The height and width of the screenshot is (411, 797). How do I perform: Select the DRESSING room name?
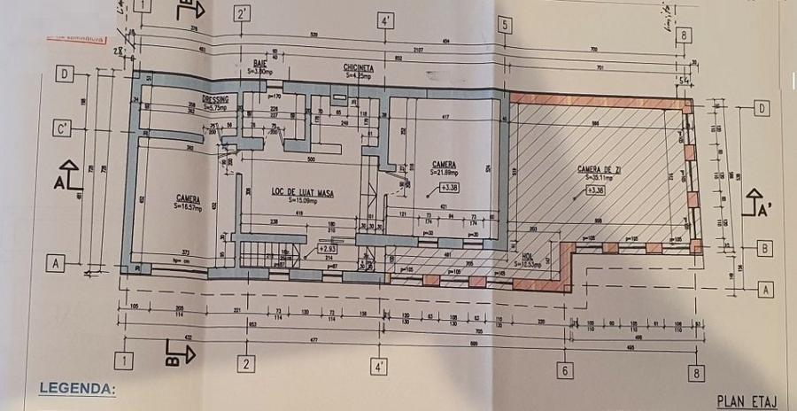pyautogui.click(x=216, y=99)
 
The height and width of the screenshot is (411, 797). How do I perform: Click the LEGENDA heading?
pyautogui.click(x=78, y=388)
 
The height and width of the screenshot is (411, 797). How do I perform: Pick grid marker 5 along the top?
pyautogui.click(x=505, y=25)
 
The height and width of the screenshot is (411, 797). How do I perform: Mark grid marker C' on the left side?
pyautogui.click(x=62, y=128)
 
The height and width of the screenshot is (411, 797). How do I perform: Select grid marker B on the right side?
pyautogui.click(x=762, y=249)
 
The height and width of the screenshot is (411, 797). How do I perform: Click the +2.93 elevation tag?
pyautogui.click(x=328, y=249)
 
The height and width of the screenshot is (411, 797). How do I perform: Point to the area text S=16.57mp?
pyautogui.click(x=188, y=205)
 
